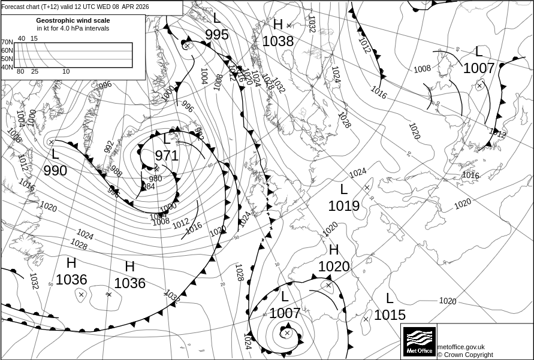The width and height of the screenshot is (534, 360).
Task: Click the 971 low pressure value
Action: point(167,156)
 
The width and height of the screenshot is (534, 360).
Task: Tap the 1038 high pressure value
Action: point(278,41)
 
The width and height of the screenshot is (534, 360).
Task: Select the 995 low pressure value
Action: point(217,35)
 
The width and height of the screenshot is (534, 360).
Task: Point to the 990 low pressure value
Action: point(55,171)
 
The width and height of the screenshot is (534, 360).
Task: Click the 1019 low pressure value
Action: point(344,206)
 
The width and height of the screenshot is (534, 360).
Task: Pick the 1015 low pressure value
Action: point(390,314)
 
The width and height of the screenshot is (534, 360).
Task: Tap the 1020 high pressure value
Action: point(334,266)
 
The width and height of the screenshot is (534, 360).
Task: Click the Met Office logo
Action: point(420,341)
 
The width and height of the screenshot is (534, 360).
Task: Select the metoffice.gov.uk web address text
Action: point(461,347)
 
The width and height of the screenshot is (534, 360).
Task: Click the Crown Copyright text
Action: point(465,355)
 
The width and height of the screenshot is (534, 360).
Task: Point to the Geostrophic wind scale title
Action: point(73,20)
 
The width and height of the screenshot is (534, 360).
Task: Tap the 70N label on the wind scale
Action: point(7,43)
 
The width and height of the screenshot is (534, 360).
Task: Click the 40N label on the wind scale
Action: point(7,67)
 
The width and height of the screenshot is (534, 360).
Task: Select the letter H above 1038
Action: point(278,25)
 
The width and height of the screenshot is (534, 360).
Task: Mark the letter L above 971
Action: point(167,140)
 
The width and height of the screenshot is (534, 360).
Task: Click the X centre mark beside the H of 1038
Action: point(289,25)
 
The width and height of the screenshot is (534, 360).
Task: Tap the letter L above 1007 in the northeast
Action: point(479,52)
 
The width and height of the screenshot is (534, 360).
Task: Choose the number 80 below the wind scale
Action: point(20,72)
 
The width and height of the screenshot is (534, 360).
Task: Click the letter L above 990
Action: point(55,154)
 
